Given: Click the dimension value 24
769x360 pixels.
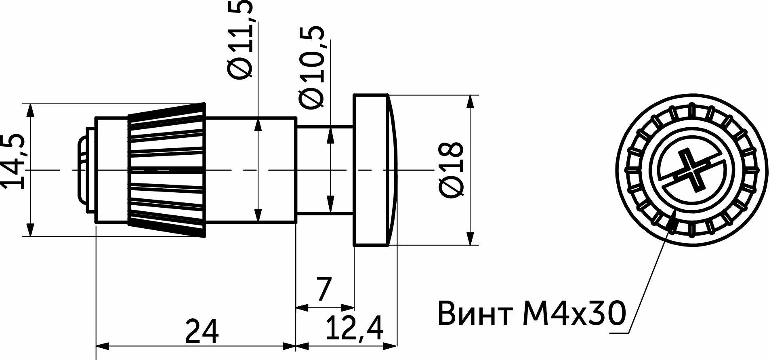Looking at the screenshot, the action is (x=202, y=331).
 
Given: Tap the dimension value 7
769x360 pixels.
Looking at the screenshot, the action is (x=324, y=289).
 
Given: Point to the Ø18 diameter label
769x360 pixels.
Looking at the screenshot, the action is (x=450, y=170).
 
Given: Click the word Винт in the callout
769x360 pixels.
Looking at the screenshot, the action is (x=476, y=313).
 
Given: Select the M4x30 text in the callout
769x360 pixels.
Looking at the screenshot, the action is (x=574, y=313).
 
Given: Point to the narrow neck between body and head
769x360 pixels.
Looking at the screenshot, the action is (x=326, y=170).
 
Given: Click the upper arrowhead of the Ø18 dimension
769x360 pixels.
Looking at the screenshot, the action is (x=470, y=101).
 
